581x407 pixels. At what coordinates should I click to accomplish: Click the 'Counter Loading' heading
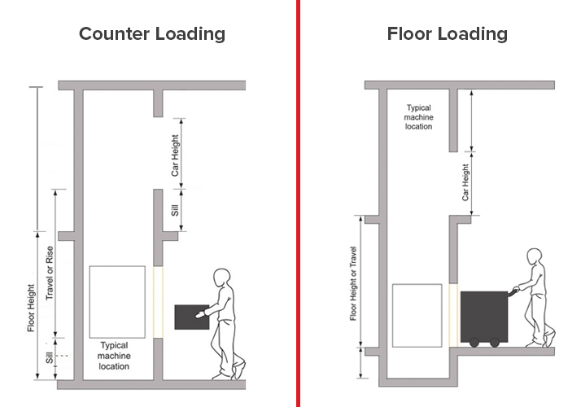152,34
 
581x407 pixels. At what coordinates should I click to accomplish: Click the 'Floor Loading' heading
448,34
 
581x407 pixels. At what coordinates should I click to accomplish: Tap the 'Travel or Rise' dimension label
50,274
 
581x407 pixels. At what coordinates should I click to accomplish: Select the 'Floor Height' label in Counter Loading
31,308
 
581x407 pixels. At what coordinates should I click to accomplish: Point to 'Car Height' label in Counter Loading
175,155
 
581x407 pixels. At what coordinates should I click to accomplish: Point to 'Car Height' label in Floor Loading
465,182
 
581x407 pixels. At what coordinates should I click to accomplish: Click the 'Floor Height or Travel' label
353,283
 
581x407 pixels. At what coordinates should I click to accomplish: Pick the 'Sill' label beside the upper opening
175,210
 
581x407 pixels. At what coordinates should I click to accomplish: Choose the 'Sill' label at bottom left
50,357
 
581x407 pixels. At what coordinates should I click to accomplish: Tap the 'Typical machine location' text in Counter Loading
114,356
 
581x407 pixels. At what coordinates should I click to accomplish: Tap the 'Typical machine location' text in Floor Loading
419,117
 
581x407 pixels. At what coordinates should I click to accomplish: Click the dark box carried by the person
192,317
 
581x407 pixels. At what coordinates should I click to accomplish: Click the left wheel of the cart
474,343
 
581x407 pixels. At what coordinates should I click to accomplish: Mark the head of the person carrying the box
222,278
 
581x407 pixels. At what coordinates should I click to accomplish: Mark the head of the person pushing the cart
535,257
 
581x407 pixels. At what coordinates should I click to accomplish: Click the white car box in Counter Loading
117,302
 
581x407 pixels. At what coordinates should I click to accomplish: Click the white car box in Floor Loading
417,316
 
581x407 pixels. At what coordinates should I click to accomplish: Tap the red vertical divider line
298,203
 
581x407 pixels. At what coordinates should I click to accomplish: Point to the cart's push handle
513,291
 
